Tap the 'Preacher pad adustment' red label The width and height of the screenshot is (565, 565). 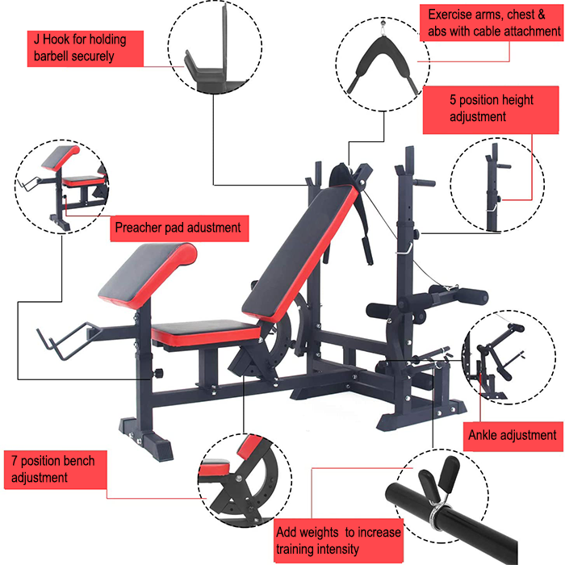(x=178, y=228)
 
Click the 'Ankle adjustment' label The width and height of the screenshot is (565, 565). (x=513, y=435)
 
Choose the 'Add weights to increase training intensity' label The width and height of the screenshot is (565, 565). (x=338, y=540)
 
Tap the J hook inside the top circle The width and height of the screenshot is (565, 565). (x=206, y=61)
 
